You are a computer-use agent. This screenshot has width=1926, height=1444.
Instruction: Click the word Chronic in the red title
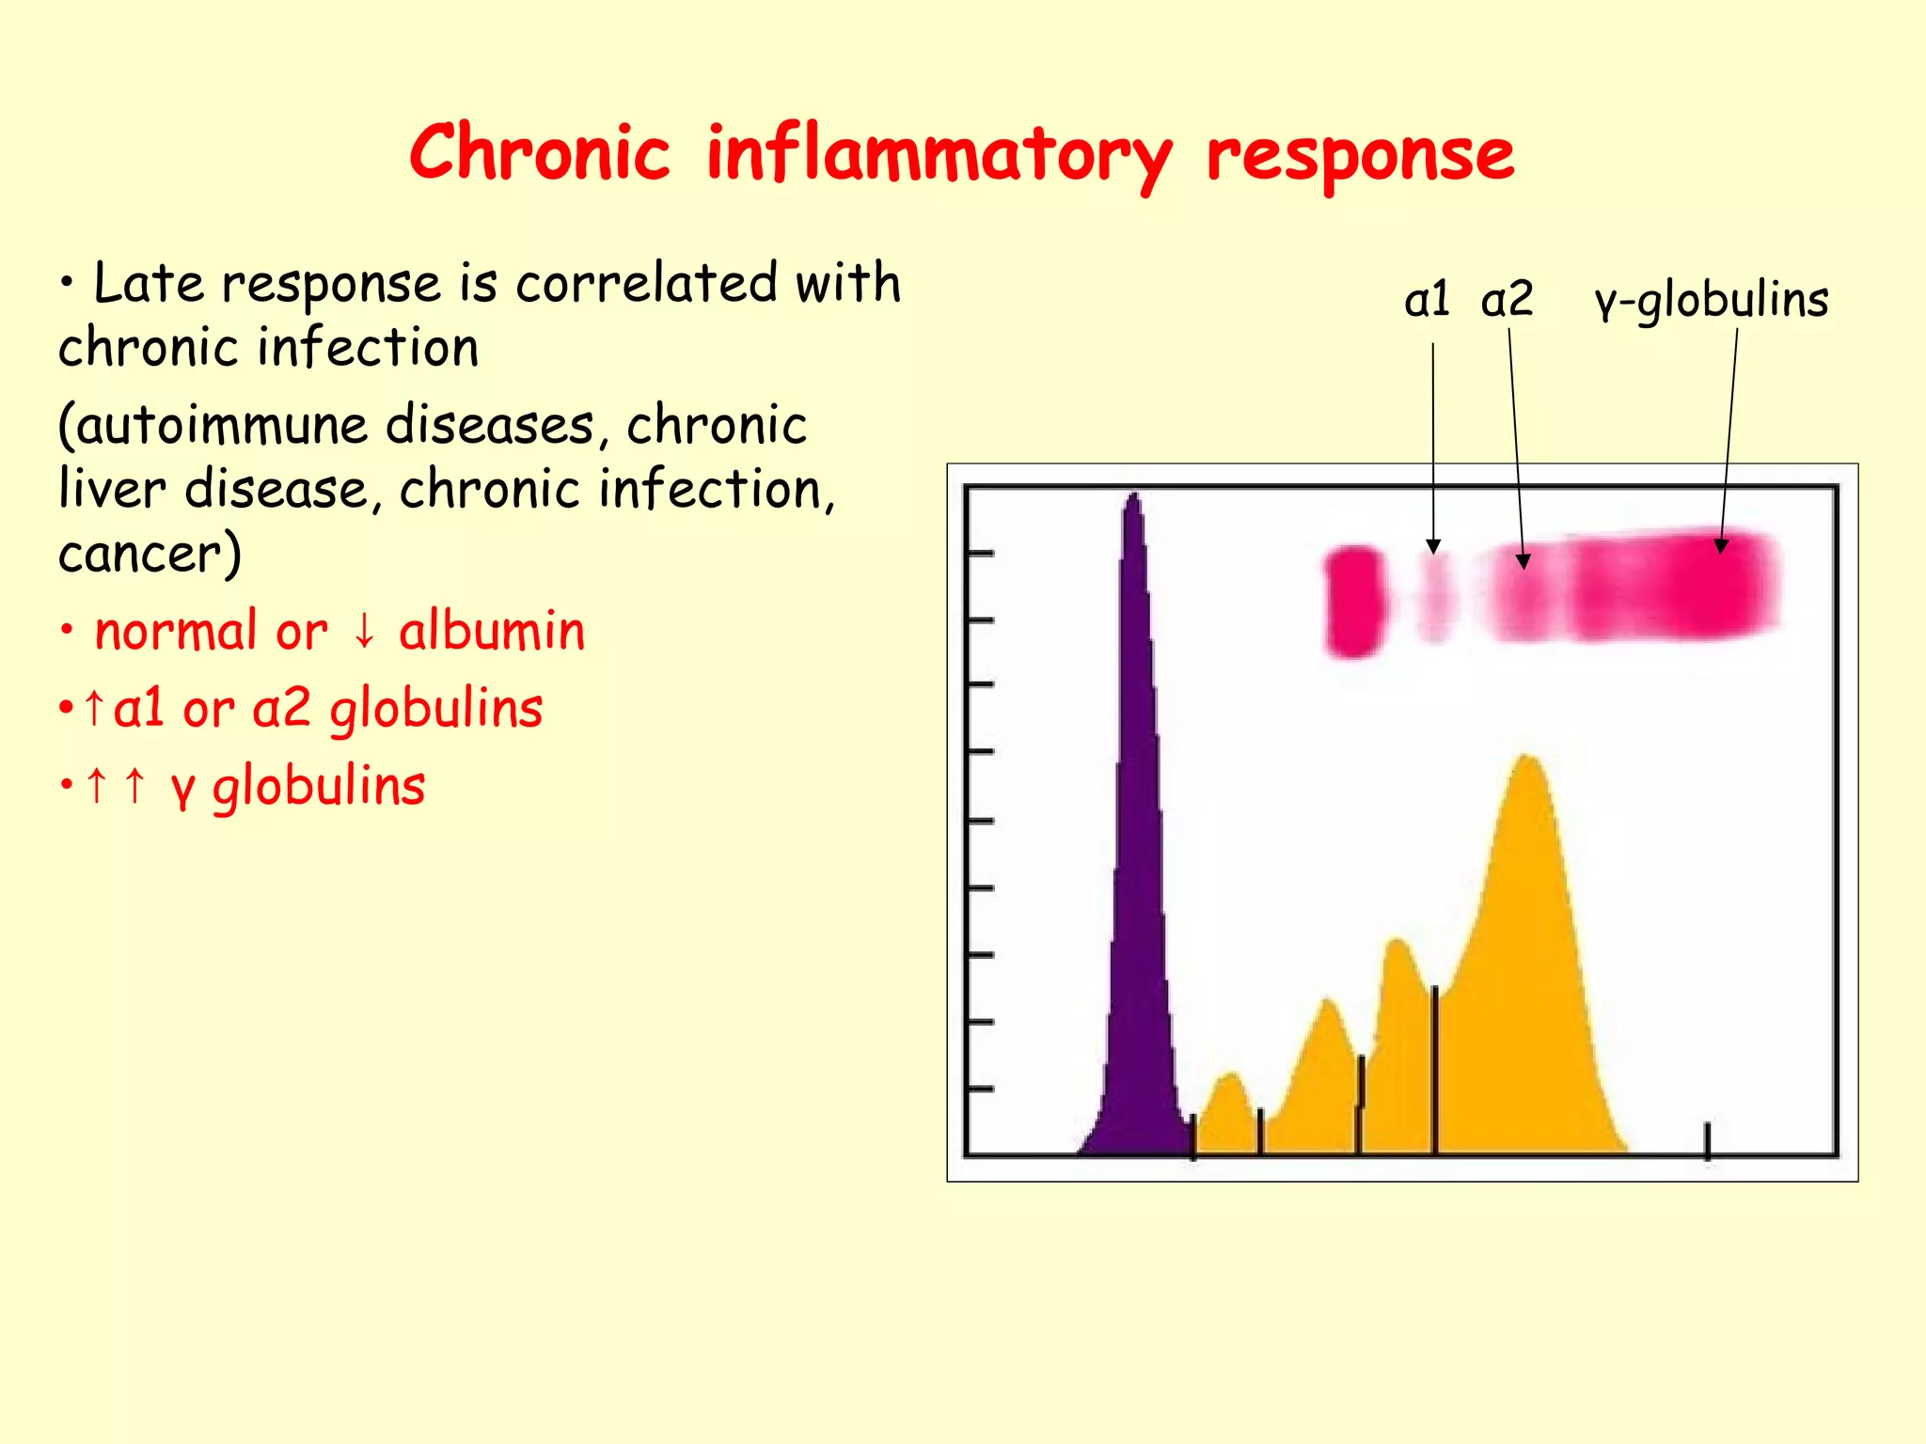[540, 153]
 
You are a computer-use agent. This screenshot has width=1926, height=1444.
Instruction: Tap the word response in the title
[1360, 156]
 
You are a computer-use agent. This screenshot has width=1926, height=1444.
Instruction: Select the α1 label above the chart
[1426, 301]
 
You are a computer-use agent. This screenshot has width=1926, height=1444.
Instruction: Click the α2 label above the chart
[1507, 301]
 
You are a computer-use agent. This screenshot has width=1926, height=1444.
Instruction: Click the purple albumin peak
[1135, 846]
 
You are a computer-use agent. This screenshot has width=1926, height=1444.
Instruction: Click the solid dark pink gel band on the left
[1354, 602]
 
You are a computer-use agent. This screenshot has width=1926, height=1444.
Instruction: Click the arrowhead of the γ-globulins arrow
[1721, 545]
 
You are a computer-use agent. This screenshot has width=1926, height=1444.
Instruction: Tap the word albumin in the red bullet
[492, 631]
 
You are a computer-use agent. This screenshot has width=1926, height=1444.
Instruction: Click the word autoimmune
[221, 426]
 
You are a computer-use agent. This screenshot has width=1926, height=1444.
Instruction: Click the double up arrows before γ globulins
[116, 786]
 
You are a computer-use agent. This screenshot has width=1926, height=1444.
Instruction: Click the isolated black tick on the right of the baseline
[1708, 1139]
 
